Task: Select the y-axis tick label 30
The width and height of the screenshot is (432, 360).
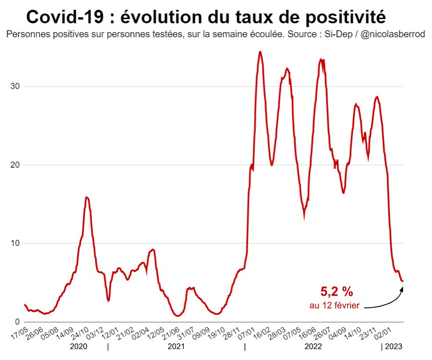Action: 18,87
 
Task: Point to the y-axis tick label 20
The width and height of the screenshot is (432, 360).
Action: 18,165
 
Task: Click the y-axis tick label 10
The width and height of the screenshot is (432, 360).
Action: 18,243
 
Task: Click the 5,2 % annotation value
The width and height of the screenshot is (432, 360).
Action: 336,292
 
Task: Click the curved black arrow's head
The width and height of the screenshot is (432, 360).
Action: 402,289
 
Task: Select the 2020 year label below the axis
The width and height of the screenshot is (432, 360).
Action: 78,347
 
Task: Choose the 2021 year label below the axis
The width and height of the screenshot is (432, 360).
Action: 176,347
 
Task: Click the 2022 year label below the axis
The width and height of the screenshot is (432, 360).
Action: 313,347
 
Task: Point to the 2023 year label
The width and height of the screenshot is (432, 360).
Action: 393,347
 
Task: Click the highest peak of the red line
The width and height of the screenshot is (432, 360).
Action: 260,52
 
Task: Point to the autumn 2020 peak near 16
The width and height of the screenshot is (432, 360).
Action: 87,197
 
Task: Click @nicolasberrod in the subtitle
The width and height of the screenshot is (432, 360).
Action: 392,35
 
